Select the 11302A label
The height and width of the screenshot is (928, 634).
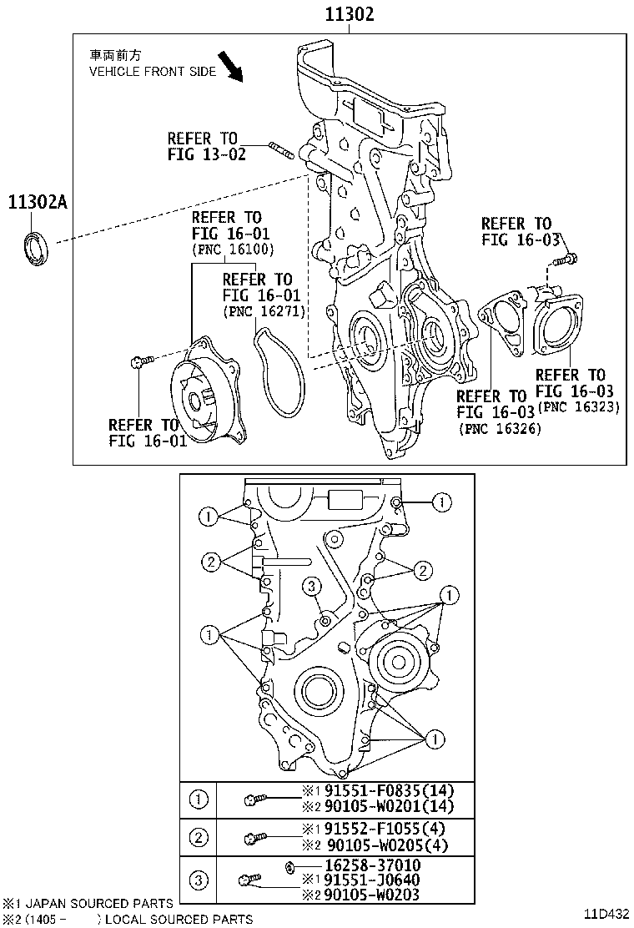pyautogui.click(x=38, y=202)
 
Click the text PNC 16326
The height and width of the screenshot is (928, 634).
pyautogui.click(x=500, y=428)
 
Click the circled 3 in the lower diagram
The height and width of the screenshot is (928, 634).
pyautogui.click(x=311, y=587)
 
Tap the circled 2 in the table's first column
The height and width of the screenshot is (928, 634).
pyautogui.click(x=199, y=837)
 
